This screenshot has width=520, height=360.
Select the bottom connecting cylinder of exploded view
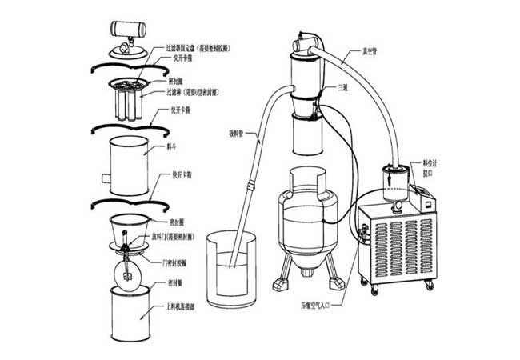127,316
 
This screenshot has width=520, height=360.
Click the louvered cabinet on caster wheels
400,240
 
